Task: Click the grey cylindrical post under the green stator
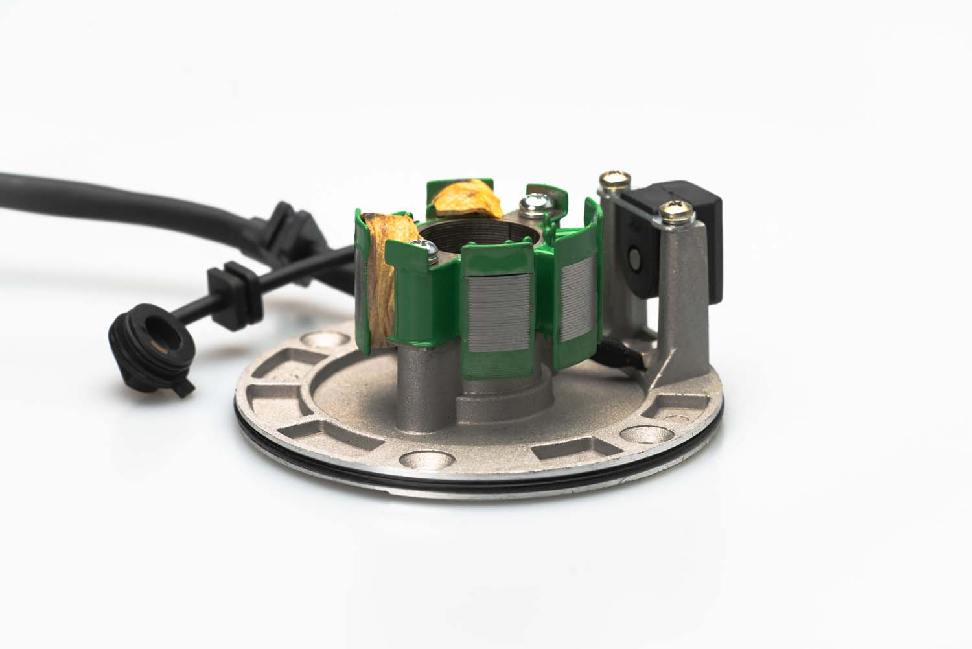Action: click(x=415, y=383)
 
